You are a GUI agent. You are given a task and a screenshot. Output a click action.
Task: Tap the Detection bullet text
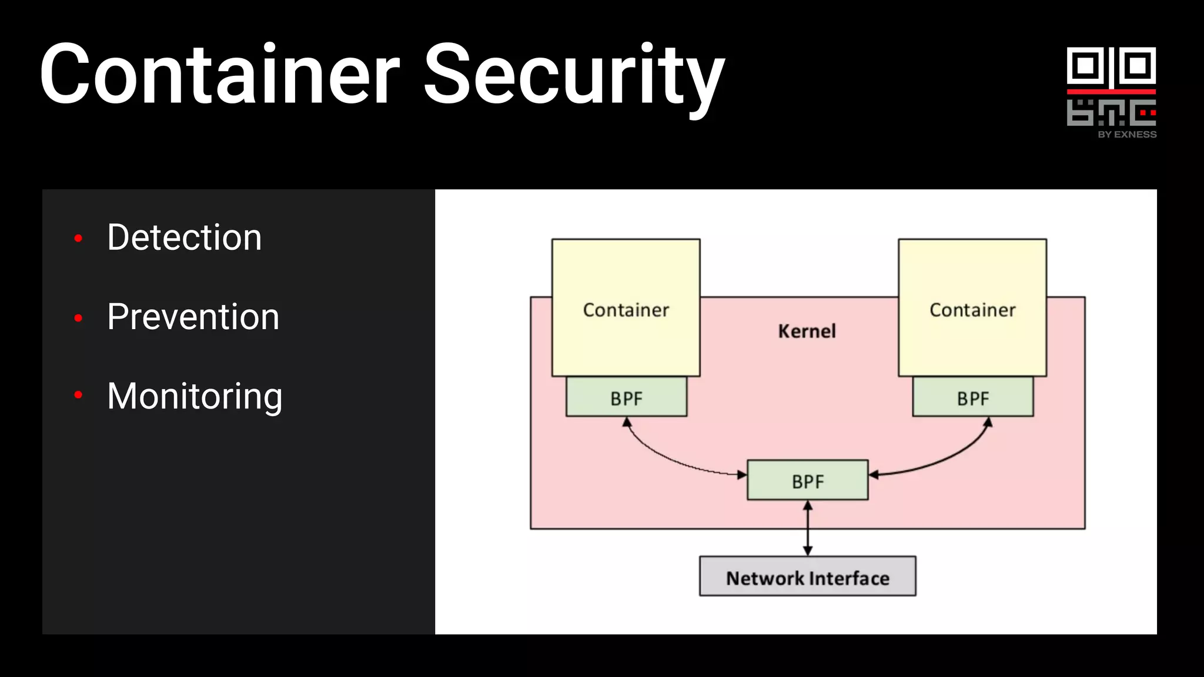click(184, 237)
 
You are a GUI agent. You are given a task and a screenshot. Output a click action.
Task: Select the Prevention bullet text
click(193, 317)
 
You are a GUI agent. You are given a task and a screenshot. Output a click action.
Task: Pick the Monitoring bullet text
click(195, 396)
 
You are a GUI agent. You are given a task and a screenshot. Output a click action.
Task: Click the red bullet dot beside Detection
click(78, 238)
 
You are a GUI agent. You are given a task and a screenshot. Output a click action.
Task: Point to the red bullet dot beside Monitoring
click(78, 395)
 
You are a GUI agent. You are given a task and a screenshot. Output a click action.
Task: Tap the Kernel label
click(807, 331)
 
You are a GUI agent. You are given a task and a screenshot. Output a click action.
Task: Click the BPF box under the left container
click(626, 398)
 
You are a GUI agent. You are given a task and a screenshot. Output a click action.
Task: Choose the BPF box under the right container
click(973, 398)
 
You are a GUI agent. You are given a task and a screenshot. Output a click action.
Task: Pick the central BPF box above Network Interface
click(807, 481)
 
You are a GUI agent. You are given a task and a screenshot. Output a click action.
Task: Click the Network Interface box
click(807, 577)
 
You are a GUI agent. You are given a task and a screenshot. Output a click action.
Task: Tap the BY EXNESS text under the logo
click(1126, 135)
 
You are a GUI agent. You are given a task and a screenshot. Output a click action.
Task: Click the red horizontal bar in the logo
click(1111, 92)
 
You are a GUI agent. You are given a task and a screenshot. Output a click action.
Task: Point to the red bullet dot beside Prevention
click(78, 318)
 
